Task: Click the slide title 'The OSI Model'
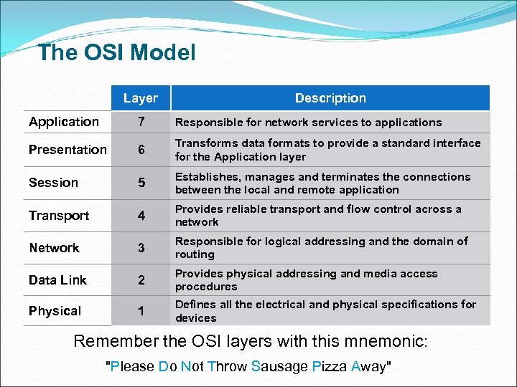coord(116,52)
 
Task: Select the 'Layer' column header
coord(140,98)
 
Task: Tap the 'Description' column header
coord(330,98)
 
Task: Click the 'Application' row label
coord(64,122)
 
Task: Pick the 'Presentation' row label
coord(67,150)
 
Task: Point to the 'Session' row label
coord(53,183)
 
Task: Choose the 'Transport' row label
coord(59,216)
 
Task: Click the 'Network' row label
coord(54,248)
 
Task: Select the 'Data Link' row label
coord(57,280)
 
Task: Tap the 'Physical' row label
coord(55,311)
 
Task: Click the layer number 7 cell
coord(141,123)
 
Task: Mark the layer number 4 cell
coord(141,216)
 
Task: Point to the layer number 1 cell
coord(141,312)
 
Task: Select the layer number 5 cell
coord(141,183)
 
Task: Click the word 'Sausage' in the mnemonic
coord(279,367)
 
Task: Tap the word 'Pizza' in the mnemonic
coord(330,367)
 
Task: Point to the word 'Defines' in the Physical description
coord(195,305)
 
